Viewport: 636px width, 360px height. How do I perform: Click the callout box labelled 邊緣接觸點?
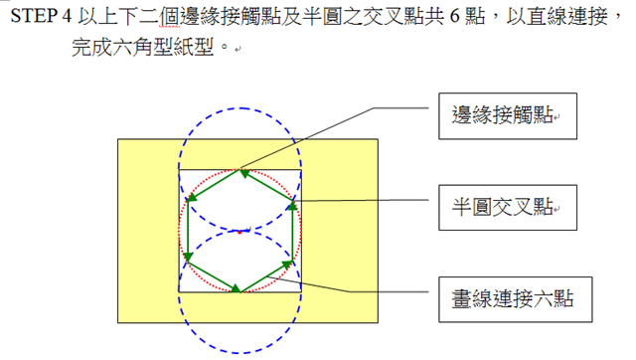click(x=508, y=116)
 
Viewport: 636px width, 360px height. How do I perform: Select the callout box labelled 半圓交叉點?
click(x=508, y=208)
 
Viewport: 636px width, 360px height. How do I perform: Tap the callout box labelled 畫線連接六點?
click(x=515, y=299)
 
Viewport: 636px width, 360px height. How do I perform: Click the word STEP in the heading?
click(x=34, y=17)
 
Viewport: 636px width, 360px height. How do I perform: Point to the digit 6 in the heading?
click(x=455, y=17)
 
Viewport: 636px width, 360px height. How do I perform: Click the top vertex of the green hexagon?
click(x=239, y=170)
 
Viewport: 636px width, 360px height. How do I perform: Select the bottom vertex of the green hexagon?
click(x=239, y=291)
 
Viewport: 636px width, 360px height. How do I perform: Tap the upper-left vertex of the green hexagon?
click(x=188, y=200)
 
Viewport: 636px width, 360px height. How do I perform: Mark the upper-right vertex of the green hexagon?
click(x=292, y=201)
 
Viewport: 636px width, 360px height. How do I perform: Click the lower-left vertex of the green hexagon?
click(x=188, y=261)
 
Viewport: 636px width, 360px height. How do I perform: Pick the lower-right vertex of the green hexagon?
click(x=292, y=261)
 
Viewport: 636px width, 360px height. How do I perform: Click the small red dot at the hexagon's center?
click(x=239, y=232)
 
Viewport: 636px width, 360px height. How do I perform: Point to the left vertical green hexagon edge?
click(x=188, y=231)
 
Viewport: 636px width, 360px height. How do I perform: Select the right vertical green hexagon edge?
click(x=292, y=231)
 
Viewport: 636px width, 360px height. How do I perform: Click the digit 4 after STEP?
click(x=67, y=17)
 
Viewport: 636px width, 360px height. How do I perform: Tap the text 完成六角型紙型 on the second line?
click(x=143, y=48)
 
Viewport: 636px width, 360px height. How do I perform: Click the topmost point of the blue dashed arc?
click(x=240, y=108)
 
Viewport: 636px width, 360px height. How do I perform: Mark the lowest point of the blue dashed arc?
click(x=239, y=352)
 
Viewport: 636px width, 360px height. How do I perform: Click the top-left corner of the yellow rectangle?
click(x=118, y=139)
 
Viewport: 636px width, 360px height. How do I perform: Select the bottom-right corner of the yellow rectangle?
click(x=378, y=322)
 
